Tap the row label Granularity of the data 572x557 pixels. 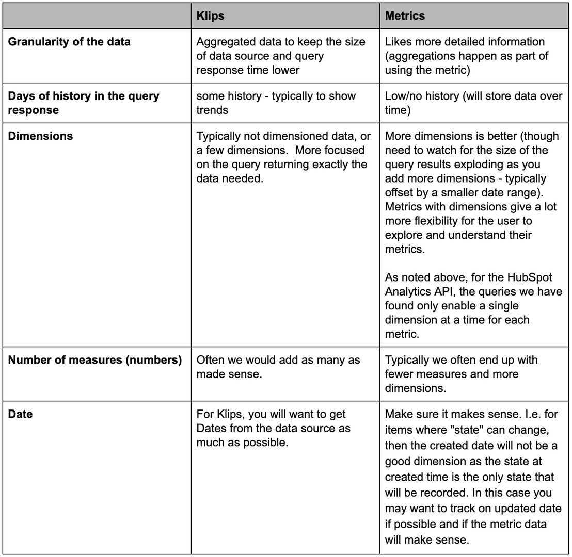click(x=69, y=42)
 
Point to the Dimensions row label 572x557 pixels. click(x=40, y=136)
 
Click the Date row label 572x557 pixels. click(x=20, y=414)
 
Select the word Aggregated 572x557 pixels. click(x=225, y=42)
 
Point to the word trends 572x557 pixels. click(x=213, y=110)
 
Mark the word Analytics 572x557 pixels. click(x=407, y=292)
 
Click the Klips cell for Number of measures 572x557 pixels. click(x=278, y=367)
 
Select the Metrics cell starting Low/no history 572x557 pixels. click(x=473, y=103)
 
